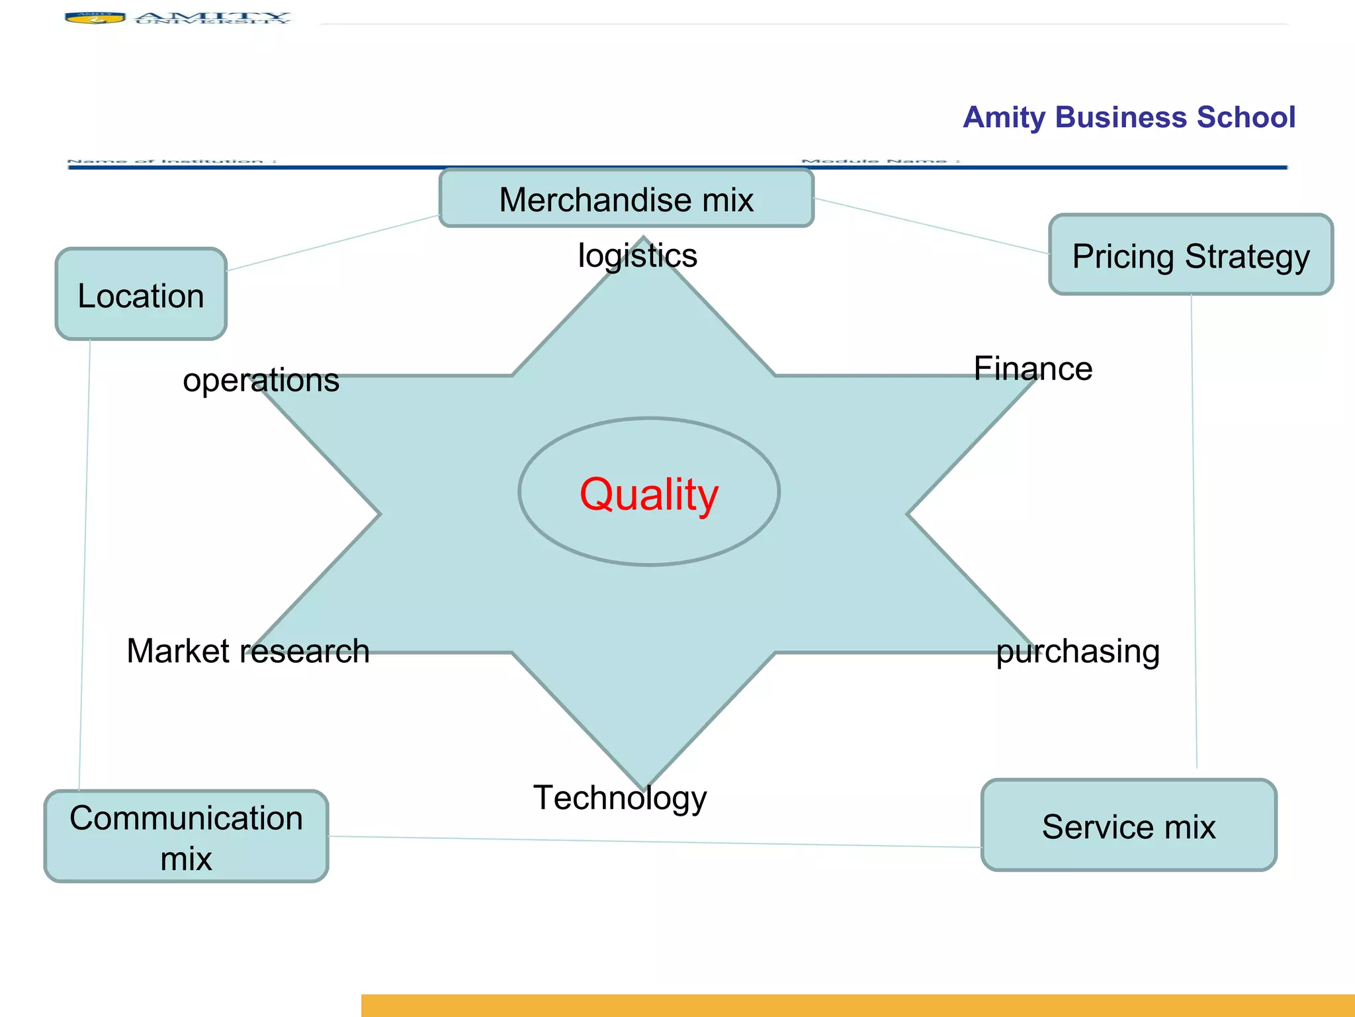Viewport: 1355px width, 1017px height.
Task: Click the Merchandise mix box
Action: (x=626, y=199)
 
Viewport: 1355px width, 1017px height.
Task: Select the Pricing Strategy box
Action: (x=1190, y=255)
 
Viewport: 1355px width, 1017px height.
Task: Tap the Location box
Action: (x=141, y=295)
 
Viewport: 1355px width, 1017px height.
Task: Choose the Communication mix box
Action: (x=186, y=837)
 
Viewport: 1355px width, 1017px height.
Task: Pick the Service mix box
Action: (x=1128, y=826)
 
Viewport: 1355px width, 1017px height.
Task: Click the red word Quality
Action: (x=648, y=494)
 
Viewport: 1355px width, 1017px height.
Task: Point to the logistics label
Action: (x=637, y=256)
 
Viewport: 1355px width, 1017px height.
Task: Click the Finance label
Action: (x=1032, y=368)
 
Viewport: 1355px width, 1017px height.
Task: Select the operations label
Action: (x=261, y=380)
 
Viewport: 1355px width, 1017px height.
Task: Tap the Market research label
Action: (x=247, y=650)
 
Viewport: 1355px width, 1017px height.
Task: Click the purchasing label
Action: (x=1077, y=651)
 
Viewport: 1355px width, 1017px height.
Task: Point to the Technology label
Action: (x=620, y=797)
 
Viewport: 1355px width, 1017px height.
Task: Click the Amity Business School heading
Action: (x=1129, y=117)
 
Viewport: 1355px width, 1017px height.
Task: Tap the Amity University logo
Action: (x=177, y=17)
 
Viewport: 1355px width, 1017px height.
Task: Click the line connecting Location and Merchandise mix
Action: (x=333, y=243)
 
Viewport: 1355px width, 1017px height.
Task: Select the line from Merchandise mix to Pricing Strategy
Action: (x=932, y=226)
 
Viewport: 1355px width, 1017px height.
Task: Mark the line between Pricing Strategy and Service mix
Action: (x=1194, y=530)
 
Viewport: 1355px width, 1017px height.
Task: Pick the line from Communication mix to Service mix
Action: (x=655, y=842)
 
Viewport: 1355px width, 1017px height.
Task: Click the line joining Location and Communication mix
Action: (x=85, y=563)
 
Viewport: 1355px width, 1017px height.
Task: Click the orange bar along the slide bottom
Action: (x=857, y=1005)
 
